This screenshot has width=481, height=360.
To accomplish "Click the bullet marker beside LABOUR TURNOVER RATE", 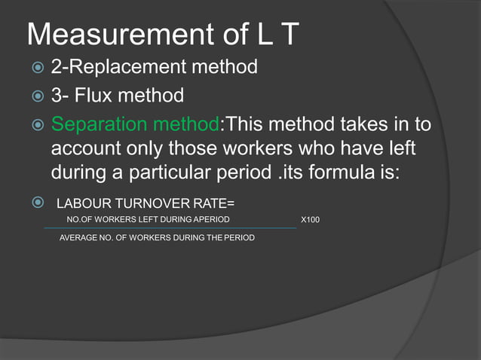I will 35,201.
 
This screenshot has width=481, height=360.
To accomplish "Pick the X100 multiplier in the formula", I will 310,220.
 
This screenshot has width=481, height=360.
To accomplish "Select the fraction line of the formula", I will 170,227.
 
